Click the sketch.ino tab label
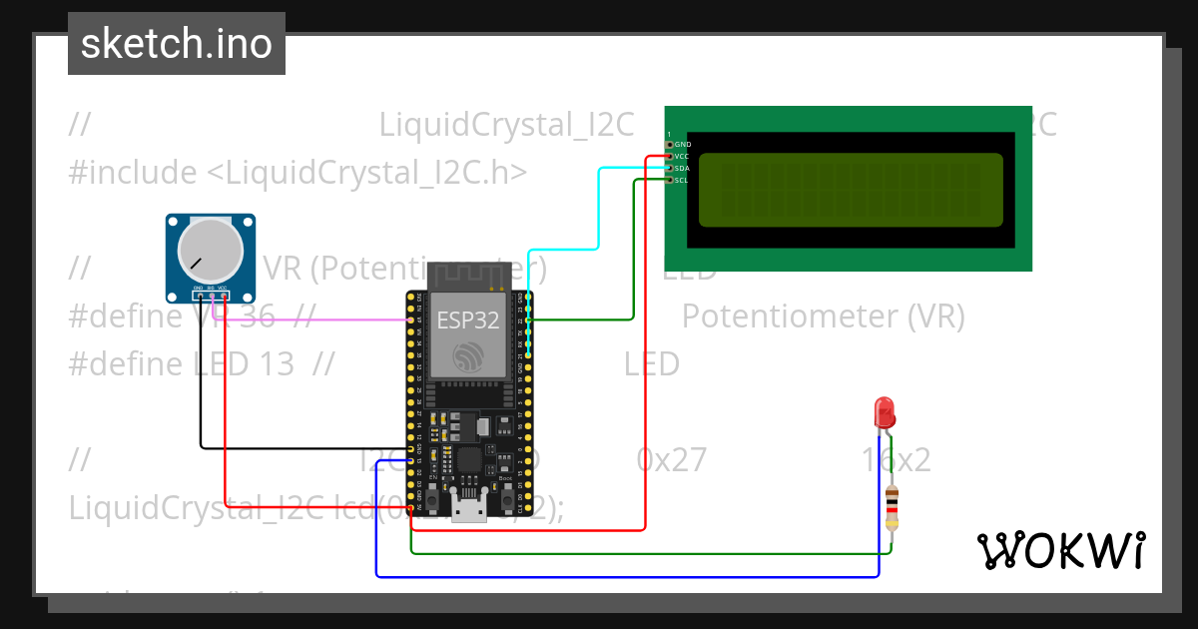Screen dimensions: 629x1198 click(x=177, y=44)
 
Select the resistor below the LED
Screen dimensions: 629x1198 click(x=892, y=507)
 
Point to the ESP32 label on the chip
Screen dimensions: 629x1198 click(x=468, y=321)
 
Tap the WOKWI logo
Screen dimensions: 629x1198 click(x=1060, y=550)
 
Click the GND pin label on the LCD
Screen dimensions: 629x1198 click(x=684, y=145)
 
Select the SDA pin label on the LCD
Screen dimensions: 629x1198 click(x=683, y=169)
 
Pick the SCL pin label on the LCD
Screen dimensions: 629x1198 click(x=683, y=181)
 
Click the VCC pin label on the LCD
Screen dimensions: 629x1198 click(x=683, y=157)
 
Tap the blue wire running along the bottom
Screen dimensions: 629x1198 click(x=619, y=576)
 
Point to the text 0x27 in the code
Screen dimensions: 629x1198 click(x=671, y=460)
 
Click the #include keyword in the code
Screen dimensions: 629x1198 click(x=133, y=173)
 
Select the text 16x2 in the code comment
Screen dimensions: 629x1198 click(x=896, y=460)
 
